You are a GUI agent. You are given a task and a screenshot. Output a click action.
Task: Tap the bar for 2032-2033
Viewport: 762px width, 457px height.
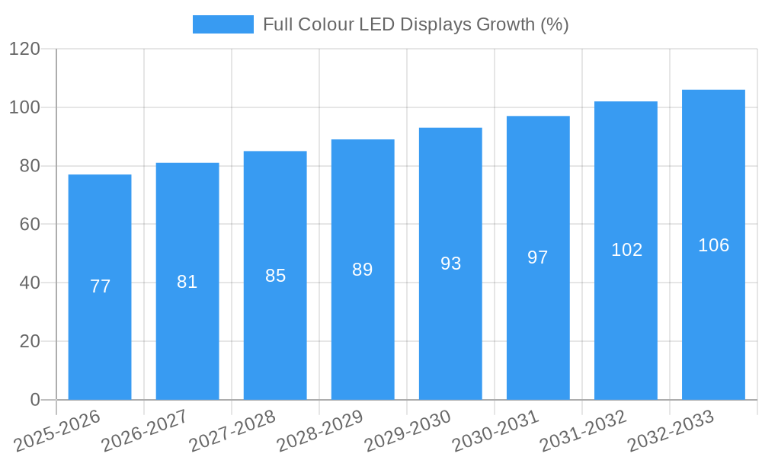[713, 320]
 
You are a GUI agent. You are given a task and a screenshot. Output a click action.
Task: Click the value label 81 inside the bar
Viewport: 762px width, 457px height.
[187, 282]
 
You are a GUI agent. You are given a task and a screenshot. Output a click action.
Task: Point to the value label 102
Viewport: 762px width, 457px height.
[626, 250]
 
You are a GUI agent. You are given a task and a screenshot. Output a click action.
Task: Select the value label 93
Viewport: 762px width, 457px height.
[450, 264]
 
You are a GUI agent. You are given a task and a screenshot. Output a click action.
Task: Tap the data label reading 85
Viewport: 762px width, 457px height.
[275, 276]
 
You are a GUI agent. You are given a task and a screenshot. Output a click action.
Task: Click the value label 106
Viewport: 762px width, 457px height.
[713, 245]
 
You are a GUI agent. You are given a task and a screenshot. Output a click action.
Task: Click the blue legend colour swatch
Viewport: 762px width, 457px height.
[223, 24]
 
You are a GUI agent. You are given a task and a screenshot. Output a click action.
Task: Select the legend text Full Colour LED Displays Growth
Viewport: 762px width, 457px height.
[416, 24]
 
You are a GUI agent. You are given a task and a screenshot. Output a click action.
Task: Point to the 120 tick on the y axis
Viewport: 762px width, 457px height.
[24, 50]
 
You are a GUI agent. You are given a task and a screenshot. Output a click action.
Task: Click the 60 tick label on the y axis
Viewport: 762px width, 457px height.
[29, 225]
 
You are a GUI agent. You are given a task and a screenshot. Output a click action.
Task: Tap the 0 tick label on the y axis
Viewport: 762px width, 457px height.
[34, 400]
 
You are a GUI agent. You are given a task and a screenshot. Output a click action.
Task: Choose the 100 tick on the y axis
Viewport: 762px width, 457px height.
[24, 107]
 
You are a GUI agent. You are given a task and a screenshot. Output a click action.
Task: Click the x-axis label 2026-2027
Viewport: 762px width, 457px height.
[145, 431]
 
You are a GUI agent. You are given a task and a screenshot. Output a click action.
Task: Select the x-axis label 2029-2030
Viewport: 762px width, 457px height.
[408, 431]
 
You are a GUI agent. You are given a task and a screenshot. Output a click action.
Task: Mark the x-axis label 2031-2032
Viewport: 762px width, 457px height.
[583, 431]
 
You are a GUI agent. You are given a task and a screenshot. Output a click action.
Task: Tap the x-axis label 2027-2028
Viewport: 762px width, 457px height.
[232, 431]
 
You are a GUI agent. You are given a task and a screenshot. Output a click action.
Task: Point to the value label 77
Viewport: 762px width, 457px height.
[100, 286]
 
